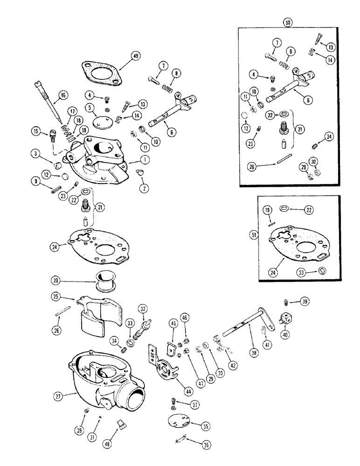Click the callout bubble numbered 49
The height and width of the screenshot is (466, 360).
(x=136, y=56)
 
